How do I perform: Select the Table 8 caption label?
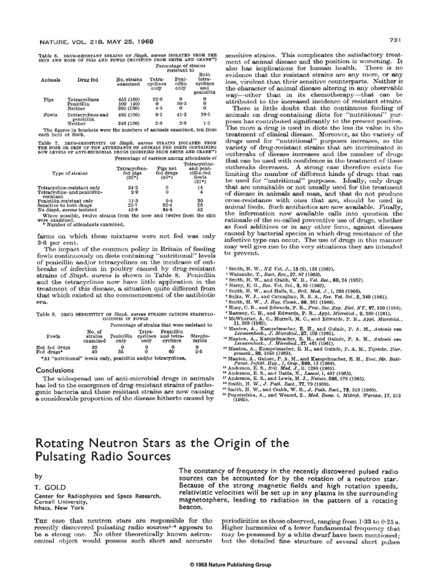[47, 314]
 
